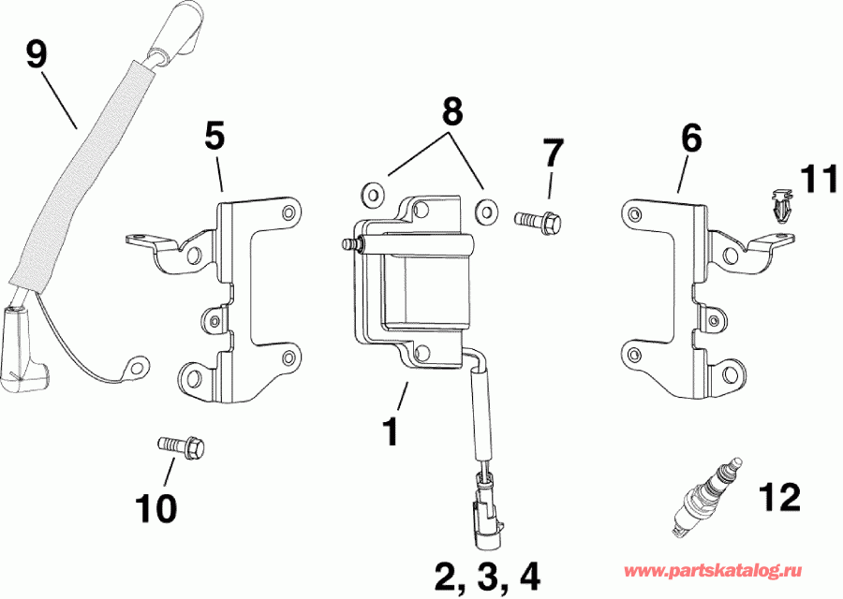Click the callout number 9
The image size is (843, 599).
click(x=37, y=55)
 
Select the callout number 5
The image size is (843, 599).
click(x=214, y=137)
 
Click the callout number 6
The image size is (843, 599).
click(x=690, y=139)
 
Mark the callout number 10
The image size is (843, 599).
click(x=155, y=508)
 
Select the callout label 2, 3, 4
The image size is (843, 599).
click(x=488, y=572)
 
